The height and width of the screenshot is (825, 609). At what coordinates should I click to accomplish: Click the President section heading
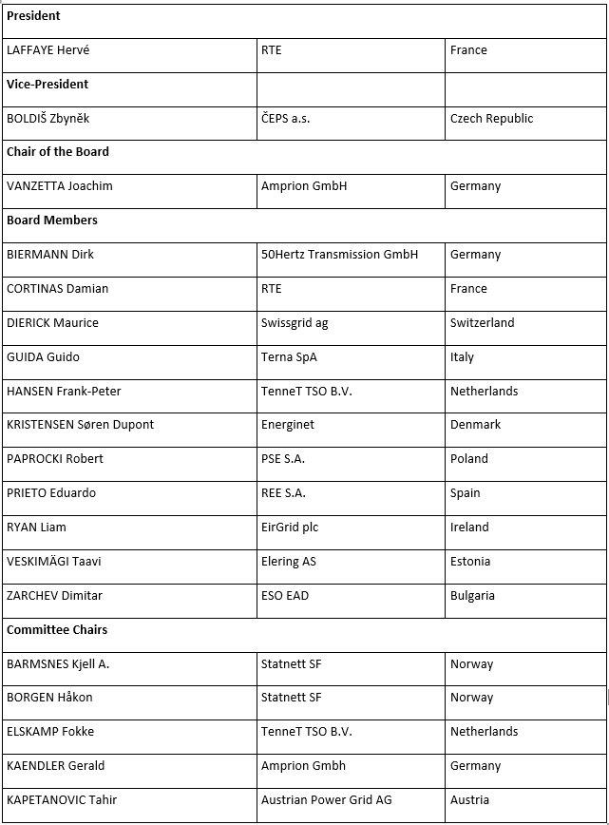click(x=33, y=16)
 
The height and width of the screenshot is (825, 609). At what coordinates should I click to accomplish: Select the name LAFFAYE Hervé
click(x=48, y=50)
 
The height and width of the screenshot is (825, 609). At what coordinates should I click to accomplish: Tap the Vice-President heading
click(x=48, y=85)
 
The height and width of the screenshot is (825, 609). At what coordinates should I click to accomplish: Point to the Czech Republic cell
click(x=491, y=119)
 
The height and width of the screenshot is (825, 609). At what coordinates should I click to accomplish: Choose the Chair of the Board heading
click(x=58, y=152)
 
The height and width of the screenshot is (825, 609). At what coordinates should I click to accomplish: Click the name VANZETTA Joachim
click(x=60, y=186)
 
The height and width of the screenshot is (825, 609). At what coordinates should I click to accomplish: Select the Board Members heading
click(x=52, y=221)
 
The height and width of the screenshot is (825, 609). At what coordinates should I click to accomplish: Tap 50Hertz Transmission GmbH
click(x=339, y=255)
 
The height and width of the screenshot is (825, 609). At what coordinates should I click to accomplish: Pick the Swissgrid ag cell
click(x=295, y=323)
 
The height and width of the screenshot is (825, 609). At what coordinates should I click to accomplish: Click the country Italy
click(x=462, y=357)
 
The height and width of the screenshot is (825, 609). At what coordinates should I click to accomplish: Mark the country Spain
click(x=466, y=493)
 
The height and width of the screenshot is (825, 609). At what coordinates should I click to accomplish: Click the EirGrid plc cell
click(x=289, y=528)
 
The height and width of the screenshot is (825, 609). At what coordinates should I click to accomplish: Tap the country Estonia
click(x=470, y=562)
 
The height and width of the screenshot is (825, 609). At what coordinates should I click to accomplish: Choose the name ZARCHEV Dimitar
click(x=54, y=596)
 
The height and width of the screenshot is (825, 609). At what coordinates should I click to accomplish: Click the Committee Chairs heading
click(x=57, y=630)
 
